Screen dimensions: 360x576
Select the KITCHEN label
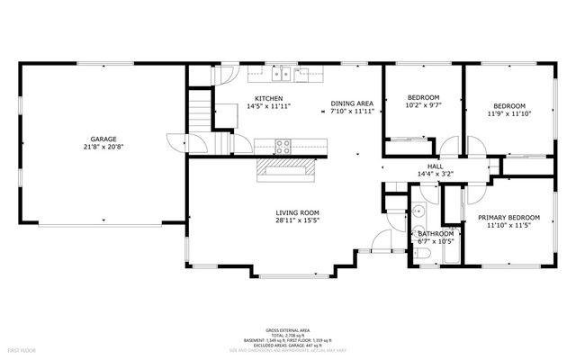[268, 98]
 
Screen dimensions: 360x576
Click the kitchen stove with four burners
[283, 143]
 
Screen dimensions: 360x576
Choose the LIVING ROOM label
[297, 212]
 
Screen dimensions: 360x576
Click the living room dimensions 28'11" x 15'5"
[297, 220]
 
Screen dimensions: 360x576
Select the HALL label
[435, 166]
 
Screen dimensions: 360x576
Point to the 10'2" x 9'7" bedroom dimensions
[422, 105]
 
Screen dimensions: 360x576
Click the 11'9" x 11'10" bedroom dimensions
[509, 113]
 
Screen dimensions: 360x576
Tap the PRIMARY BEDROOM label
[509, 218]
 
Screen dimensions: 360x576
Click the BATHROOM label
[436, 233]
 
